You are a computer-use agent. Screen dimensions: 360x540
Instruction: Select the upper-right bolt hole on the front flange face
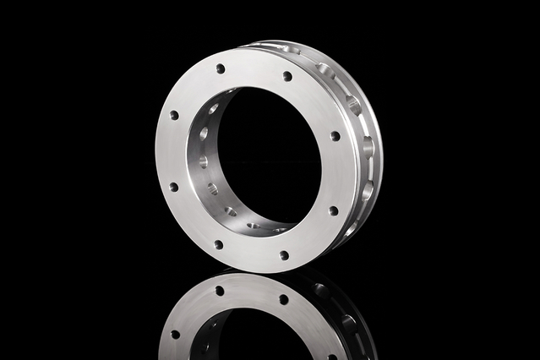click(x=287, y=76)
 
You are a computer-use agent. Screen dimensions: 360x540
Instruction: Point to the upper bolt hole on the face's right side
click(x=335, y=136)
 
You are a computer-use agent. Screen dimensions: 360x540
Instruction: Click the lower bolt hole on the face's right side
click(x=333, y=210)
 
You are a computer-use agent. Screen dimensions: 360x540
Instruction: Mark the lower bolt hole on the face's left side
click(x=173, y=187)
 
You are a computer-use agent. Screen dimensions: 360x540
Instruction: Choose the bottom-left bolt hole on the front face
click(x=218, y=244)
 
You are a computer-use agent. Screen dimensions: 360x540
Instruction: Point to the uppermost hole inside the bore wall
click(x=213, y=109)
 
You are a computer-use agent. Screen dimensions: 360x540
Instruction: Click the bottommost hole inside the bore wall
click(x=254, y=226)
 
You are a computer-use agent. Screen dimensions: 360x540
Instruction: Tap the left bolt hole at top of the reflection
click(x=219, y=291)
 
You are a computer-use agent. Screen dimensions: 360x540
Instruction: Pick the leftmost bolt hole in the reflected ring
click(x=176, y=334)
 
